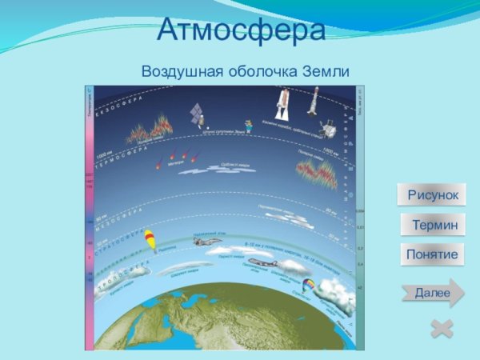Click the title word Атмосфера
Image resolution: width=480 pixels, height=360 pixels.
pos(241,30)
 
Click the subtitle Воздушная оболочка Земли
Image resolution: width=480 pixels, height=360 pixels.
pos(246,70)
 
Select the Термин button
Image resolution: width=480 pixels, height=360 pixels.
pos(433,226)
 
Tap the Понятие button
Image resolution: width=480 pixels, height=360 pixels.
pos(432,254)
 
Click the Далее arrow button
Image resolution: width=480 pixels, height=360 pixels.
pos(433,293)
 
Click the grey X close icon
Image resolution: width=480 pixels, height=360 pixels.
pos(442,328)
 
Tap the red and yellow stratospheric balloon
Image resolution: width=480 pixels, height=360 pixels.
pos(149,239)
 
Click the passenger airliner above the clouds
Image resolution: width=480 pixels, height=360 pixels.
pos(263,264)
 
